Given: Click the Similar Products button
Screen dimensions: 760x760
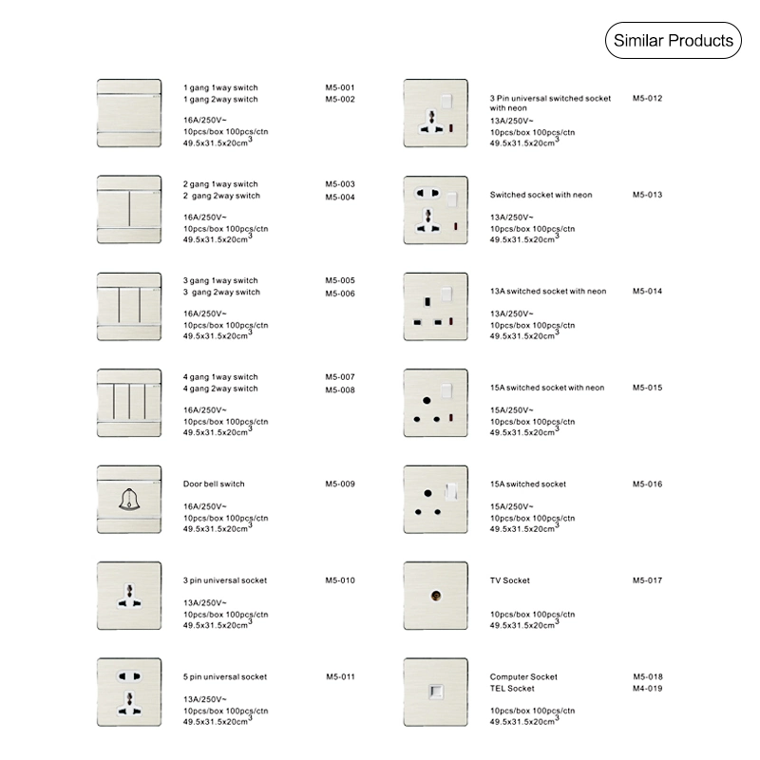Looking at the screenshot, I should [673, 41].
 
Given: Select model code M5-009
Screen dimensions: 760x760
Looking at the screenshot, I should [339, 484].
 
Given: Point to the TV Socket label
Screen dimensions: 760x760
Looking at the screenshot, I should [510, 580].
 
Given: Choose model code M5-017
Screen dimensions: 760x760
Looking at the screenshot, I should [647, 580].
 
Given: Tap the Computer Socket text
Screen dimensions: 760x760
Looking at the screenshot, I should [523, 676].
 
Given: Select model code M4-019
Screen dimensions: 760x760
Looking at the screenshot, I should [647, 688].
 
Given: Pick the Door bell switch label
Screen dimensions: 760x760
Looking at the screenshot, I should [214, 484].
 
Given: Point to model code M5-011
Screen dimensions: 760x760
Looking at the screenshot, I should [339, 676].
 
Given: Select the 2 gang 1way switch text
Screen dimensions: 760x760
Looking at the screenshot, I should [220, 184].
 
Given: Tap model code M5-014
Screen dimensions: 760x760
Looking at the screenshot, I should [647, 291].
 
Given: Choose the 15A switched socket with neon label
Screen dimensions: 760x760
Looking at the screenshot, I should [547, 388].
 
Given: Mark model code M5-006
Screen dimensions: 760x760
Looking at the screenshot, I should [339, 294].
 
